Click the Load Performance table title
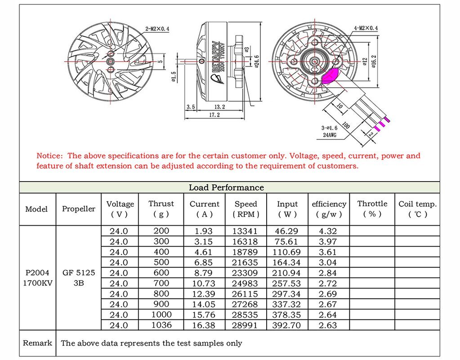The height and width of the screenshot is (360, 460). point(226,187)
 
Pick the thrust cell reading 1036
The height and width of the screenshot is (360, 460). point(161,325)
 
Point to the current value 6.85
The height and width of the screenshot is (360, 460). point(204,262)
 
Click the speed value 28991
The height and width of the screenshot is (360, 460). point(246,325)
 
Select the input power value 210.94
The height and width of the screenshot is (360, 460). point(287,273)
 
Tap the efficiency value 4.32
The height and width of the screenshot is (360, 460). point(328,231)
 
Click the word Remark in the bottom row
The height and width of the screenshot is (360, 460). point(37,343)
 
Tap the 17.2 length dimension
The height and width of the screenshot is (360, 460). point(214,115)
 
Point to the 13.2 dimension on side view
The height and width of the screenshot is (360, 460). point(220,107)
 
